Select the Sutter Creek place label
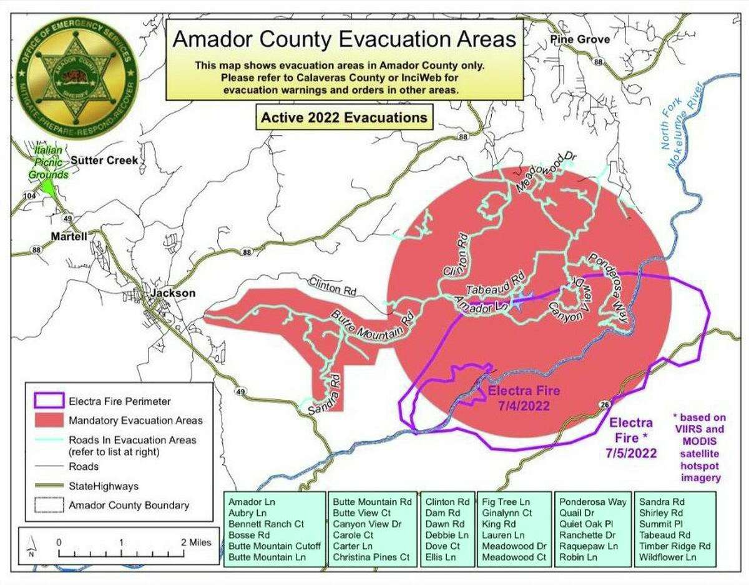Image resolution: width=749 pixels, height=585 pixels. click(x=104, y=161)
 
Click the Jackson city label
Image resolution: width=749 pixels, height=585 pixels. click(x=172, y=293)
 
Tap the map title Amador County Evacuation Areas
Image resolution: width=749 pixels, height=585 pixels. click(x=344, y=39)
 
